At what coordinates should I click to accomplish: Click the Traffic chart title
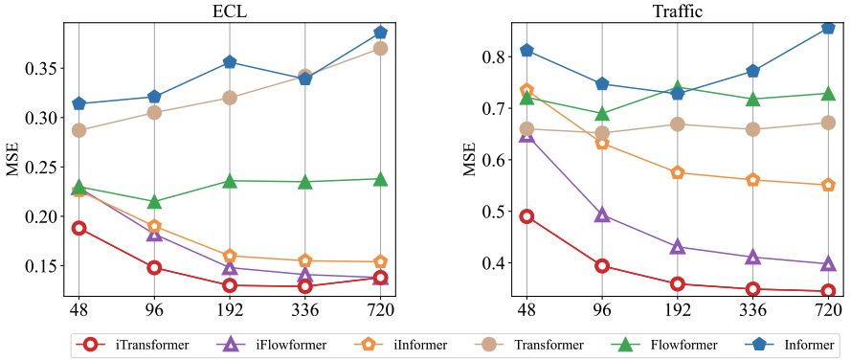point(676,11)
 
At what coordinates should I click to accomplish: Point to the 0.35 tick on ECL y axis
point(45,69)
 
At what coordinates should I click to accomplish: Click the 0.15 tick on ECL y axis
point(45,265)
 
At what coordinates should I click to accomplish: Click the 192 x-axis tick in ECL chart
point(230,311)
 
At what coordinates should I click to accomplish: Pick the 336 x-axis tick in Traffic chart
point(752,311)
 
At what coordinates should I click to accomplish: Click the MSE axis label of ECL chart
point(13,159)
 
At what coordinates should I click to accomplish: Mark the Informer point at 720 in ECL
point(380,34)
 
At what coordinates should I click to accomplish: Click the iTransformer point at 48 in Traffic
point(526,216)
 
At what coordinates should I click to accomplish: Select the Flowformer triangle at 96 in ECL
point(154,201)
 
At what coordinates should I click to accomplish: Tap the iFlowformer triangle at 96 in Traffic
point(602,214)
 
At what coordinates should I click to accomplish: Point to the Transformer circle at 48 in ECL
point(78,130)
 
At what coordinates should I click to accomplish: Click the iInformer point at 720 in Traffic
point(828,185)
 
